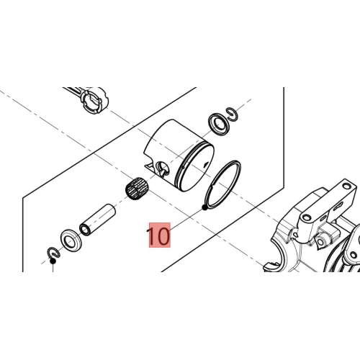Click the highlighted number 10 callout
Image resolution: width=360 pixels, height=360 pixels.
pos(160,235)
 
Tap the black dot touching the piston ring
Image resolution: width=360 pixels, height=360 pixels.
pos(204,207)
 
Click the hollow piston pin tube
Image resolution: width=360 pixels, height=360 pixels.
pos(97,220)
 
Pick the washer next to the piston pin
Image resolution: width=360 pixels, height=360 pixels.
pos(71,240)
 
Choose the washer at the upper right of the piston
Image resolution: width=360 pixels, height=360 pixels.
pos(219,124)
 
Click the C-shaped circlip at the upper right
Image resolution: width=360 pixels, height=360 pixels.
pos(233,114)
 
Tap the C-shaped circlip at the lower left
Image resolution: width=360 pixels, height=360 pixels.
pos(53,253)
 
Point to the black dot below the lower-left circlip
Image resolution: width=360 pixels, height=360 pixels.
pos(53,261)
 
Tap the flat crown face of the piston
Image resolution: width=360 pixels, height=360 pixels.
pos(197,168)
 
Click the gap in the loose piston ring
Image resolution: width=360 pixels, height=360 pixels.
pos(212,186)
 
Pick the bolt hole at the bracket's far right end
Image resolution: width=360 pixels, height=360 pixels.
pos(346,186)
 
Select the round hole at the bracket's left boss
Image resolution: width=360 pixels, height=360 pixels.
pos(307,217)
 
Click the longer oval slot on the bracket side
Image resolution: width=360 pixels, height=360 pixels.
pos(338,205)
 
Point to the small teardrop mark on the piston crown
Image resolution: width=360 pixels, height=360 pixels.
pos(205,164)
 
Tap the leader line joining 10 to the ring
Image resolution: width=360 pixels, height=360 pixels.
pos(186,220)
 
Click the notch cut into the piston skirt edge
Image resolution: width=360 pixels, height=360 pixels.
pos(149,166)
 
